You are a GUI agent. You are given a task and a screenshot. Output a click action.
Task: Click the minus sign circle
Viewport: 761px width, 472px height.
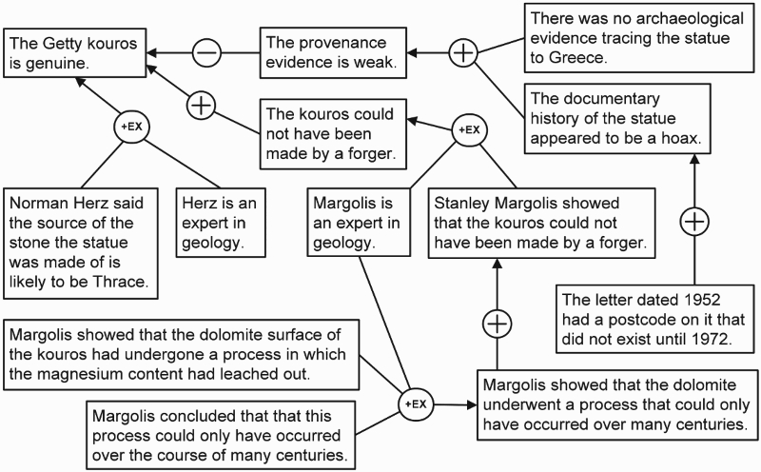coord(206,52)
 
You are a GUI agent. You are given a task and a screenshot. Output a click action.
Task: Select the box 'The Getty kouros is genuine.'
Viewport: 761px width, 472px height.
coord(75,53)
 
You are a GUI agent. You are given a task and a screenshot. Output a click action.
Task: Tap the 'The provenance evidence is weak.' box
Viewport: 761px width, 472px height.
coord(333,53)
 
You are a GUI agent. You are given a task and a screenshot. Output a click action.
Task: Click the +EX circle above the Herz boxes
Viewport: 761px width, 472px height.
coord(131,127)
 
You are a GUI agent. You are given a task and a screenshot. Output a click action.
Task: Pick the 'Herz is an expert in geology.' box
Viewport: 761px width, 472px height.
coord(221,223)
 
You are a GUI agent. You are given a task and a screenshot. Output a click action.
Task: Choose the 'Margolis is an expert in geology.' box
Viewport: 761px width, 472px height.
coord(359,223)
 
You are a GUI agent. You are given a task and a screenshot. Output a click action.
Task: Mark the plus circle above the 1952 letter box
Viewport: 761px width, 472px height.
coord(694,222)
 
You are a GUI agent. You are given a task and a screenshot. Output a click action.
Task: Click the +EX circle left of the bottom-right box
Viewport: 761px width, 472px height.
coord(416,404)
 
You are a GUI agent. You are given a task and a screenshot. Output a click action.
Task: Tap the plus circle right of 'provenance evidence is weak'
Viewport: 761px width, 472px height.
coord(463,52)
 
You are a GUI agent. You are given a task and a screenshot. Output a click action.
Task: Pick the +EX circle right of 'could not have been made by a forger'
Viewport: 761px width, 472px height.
coord(469,129)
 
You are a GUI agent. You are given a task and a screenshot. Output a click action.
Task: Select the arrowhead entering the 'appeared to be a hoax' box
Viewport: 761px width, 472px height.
coord(694,160)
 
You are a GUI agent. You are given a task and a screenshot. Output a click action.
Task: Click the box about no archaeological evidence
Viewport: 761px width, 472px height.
coord(639,38)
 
